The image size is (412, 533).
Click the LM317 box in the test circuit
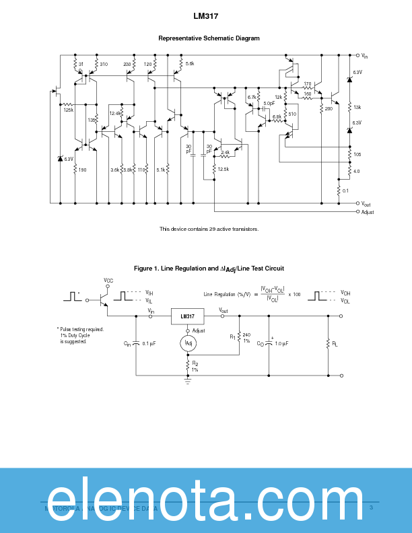[x=188, y=316]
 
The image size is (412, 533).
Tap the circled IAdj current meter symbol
[x=188, y=344]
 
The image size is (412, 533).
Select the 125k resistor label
[x=69, y=110]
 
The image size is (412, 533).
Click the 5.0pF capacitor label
[x=269, y=103]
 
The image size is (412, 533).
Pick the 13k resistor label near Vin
[x=357, y=107]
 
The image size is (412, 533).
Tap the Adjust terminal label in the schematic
[x=368, y=212]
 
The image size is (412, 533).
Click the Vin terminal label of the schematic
[x=365, y=56]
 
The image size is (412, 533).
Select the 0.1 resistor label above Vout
[x=346, y=190]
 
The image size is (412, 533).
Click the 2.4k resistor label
[x=225, y=152]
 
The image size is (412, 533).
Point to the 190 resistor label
[x=82, y=170]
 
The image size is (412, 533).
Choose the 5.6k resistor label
[x=189, y=63]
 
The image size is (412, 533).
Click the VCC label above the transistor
[x=108, y=280]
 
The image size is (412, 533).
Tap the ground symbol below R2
[x=188, y=380]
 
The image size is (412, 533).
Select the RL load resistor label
[x=335, y=344]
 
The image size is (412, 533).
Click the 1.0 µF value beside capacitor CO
[x=281, y=344]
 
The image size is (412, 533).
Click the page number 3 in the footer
[x=371, y=507]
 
